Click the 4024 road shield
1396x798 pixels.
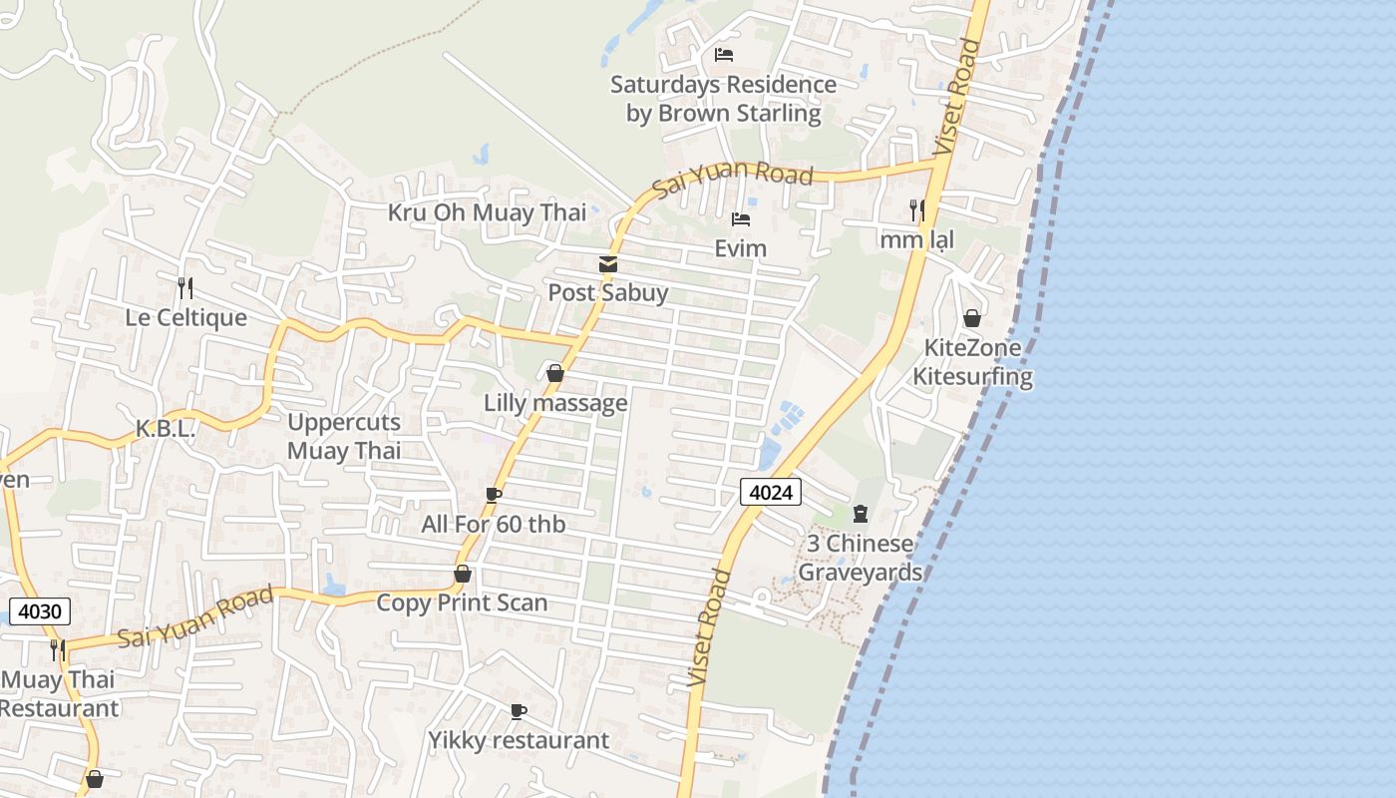pos(771,491)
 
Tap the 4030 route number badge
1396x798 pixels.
pos(38,611)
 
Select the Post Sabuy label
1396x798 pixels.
pos(607,293)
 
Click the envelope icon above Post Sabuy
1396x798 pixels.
pos(607,264)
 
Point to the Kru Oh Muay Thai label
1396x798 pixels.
pos(487,212)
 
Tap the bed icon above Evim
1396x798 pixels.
pos(740,219)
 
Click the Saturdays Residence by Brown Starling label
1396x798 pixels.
pos(723,99)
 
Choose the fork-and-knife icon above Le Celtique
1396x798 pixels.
pos(184,288)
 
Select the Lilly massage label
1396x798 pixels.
pos(555,403)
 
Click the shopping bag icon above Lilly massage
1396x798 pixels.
pos(555,374)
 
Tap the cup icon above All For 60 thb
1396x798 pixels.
pos(493,495)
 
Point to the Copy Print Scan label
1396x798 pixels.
pos(462,602)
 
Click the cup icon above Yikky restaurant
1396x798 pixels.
pos(518,711)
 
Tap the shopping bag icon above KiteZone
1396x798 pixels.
pos(972,318)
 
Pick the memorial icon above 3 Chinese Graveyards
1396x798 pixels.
pos(861,514)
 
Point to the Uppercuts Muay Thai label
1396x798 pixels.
pos(344,436)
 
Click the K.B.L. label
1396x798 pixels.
pos(165,429)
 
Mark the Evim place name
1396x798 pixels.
pos(741,248)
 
